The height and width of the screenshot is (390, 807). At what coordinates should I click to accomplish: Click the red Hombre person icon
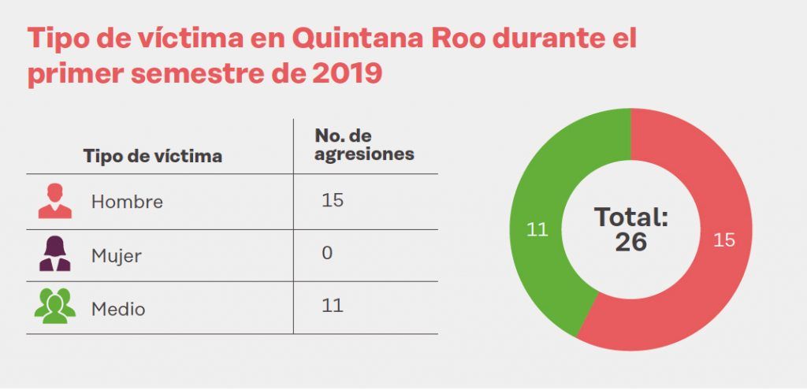click(x=55, y=201)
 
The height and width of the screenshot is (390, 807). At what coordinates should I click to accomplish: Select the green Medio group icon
click(x=55, y=306)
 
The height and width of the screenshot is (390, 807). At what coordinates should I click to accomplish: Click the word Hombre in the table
click(x=127, y=202)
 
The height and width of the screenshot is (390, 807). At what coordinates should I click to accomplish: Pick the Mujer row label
click(x=117, y=256)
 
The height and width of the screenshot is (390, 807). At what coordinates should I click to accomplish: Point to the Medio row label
click(x=118, y=309)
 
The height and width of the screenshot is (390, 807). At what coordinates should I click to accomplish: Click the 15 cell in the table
click(x=333, y=200)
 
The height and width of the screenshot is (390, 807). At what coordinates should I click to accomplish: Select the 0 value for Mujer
click(x=327, y=253)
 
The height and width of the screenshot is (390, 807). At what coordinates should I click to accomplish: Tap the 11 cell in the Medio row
click(x=333, y=305)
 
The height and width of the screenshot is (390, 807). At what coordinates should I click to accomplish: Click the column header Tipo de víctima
click(x=153, y=156)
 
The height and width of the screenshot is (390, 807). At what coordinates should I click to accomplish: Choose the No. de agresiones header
click(x=364, y=144)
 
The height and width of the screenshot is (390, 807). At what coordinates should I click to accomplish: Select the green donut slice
click(x=544, y=189)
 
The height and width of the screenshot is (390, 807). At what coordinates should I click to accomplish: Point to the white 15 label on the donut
click(x=723, y=240)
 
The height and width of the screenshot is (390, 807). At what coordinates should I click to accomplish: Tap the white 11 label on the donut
click(x=537, y=230)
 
